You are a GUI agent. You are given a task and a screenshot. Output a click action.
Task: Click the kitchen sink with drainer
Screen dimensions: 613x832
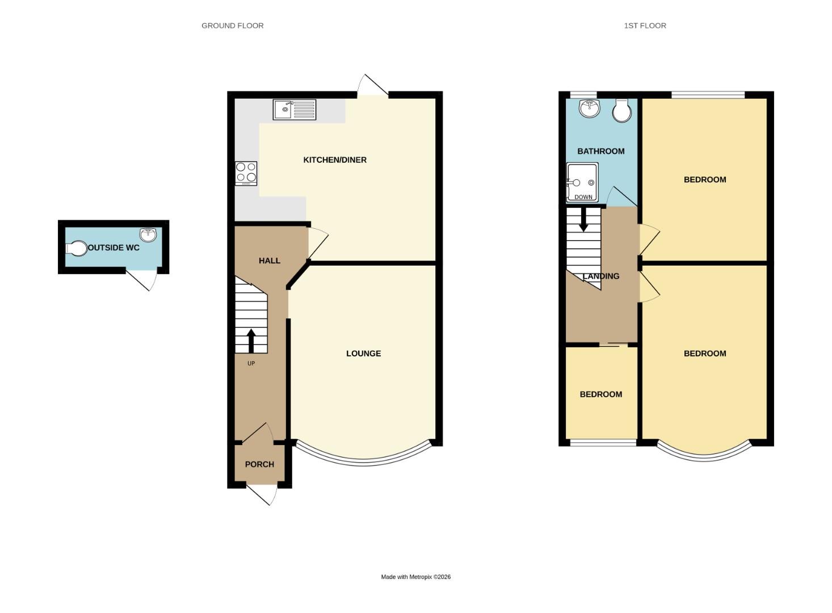pyautogui.click(x=294, y=110)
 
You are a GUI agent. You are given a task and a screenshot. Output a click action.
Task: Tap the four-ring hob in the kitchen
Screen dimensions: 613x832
pyautogui.click(x=246, y=173)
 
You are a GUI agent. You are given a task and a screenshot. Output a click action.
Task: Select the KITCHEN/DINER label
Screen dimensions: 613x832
pyautogui.click(x=335, y=160)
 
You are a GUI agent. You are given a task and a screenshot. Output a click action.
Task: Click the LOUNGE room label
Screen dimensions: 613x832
pyautogui.click(x=363, y=354)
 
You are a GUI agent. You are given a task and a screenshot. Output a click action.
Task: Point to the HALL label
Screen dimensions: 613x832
pyautogui.click(x=270, y=261)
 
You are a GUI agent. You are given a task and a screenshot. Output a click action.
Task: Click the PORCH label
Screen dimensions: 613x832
pyautogui.click(x=259, y=464)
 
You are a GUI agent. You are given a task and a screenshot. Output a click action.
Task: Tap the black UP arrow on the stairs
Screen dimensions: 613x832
pyautogui.click(x=251, y=341)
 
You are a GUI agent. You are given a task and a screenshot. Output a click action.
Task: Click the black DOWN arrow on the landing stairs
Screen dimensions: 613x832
pyautogui.click(x=583, y=220)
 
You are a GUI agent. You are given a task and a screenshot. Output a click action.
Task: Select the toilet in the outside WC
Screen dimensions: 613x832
pyautogui.click(x=76, y=249)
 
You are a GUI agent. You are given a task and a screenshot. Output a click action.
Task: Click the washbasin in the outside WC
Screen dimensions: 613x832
pyautogui.click(x=148, y=234)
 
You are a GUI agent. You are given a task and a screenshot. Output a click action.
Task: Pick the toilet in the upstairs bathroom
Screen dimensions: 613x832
pyautogui.click(x=622, y=111)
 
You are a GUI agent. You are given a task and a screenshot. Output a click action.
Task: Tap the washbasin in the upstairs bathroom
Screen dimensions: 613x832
pyautogui.click(x=590, y=108)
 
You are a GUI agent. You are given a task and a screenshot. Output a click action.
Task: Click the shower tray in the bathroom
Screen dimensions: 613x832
pyautogui.click(x=582, y=182)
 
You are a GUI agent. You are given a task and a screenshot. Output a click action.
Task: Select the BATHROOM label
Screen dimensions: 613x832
pyautogui.click(x=600, y=151)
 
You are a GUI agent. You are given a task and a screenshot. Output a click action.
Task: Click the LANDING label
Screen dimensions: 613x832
pyautogui.click(x=601, y=276)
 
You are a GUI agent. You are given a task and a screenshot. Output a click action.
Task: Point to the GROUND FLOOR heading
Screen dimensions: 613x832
pyautogui.click(x=232, y=26)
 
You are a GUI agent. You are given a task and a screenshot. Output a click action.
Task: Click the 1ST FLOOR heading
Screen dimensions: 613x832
pyautogui.click(x=645, y=26)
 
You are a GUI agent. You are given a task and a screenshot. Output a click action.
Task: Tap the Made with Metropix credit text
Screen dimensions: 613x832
pyautogui.click(x=415, y=577)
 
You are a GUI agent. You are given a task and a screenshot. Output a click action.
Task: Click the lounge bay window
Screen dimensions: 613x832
pyautogui.click(x=363, y=461)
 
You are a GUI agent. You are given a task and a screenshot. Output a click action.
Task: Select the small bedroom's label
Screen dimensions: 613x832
pyautogui.click(x=600, y=394)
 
